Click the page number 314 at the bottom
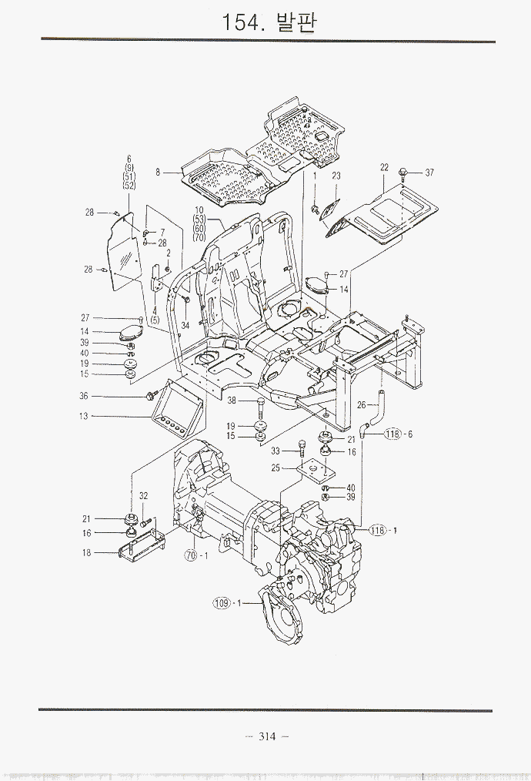(267, 736)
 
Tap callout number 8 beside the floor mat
(158, 173)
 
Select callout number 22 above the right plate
(384, 167)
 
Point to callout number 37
(429, 173)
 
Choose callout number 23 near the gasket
(336, 176)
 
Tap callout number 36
(84, 396)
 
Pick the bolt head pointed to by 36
(149, 396)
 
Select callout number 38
(231, 401)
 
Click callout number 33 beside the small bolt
(275, 451)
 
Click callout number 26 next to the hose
(361, 405)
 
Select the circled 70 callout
(191, 555)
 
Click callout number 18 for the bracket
(87, 552)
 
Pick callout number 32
(144, 496)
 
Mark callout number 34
(185, 325)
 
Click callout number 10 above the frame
(199, 210)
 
